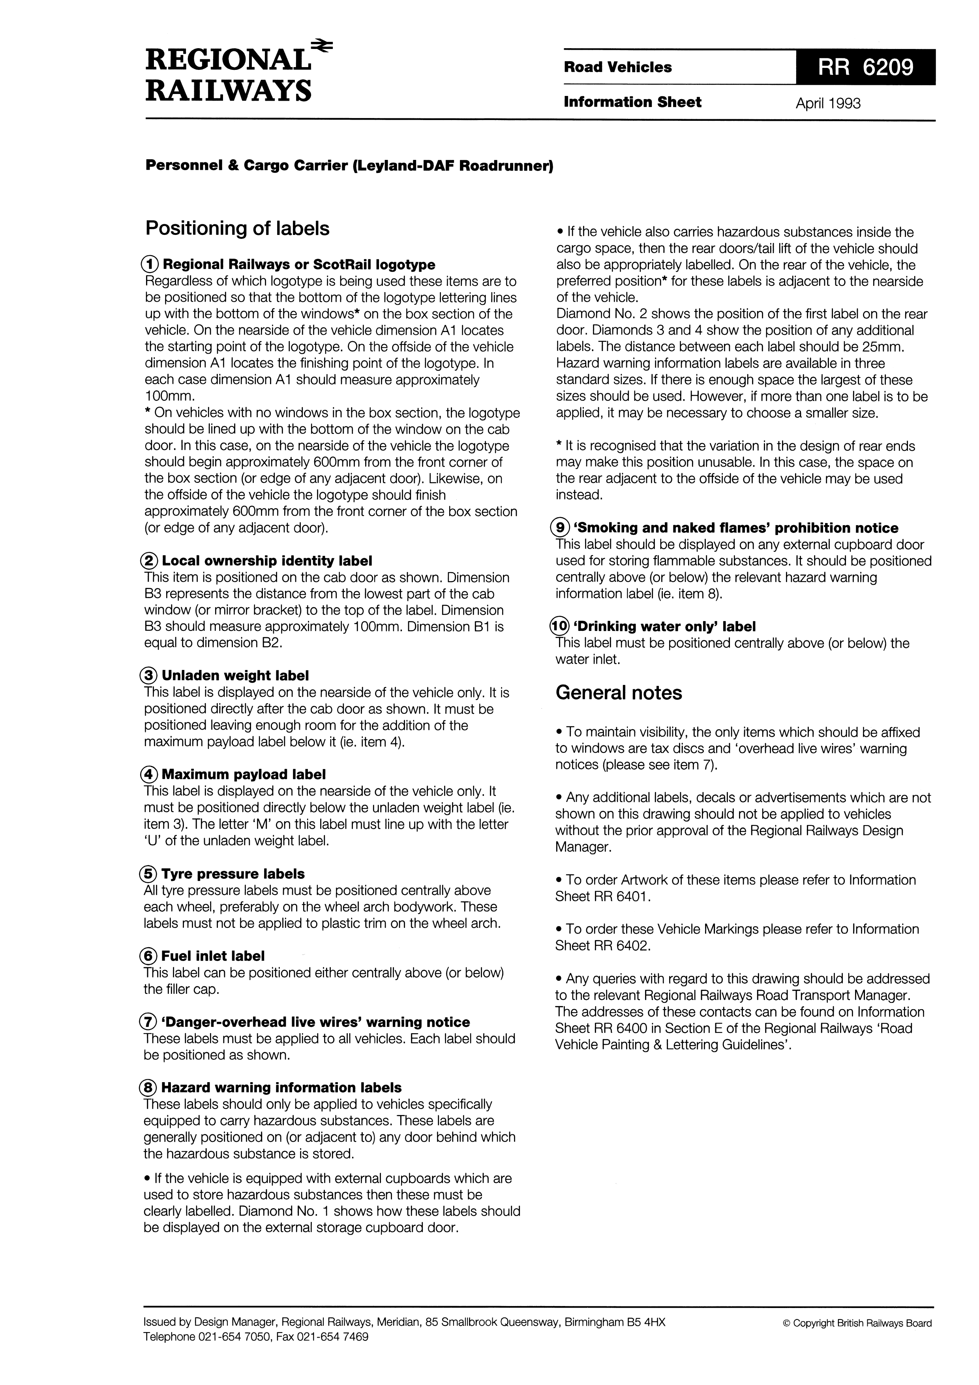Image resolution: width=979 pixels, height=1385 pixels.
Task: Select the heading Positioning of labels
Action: coord(238,229)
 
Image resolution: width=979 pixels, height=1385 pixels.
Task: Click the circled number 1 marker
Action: coord(150,264)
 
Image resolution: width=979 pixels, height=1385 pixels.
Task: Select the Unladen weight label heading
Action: coord(235,676)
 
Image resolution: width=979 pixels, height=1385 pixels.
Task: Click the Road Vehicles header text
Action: coord(618,68)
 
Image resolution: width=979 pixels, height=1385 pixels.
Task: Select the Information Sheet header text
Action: coord(632,102)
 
